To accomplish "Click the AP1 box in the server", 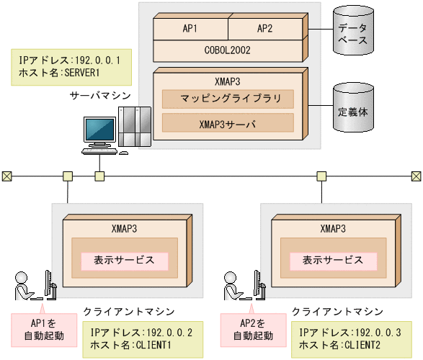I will pos(190,29).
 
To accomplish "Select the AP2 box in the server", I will pos(265,29).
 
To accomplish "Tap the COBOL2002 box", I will pos(228,50).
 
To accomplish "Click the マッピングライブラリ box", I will pos(228,99).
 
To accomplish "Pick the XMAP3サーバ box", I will pos(228,123).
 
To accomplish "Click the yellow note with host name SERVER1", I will pos(71,67).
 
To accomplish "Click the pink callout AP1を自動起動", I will pos(43,328).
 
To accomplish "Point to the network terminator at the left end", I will pos(6,176).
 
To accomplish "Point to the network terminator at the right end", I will pos(416,176).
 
